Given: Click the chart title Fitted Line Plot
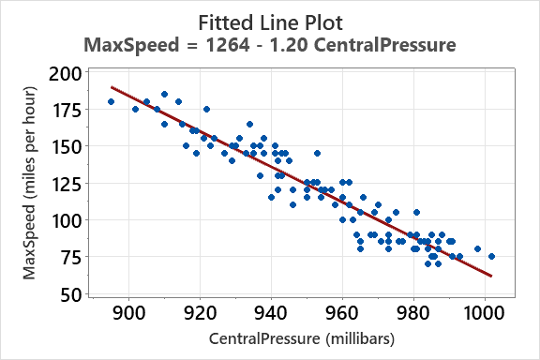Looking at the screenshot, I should pos(270,20).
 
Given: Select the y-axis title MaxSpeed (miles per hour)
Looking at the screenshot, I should pos(30,183).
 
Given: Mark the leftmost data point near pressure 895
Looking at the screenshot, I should pos(111,102).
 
